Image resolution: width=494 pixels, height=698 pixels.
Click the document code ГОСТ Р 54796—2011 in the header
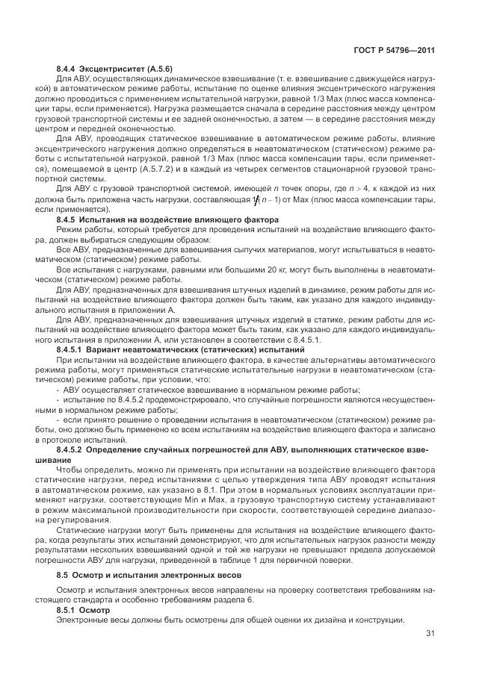point(395,50)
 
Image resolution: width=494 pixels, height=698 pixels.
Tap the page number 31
point(430,635)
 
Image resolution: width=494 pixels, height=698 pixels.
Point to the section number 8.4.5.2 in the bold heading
point(72,451)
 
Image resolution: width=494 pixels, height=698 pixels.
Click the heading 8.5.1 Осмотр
point(84,611)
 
